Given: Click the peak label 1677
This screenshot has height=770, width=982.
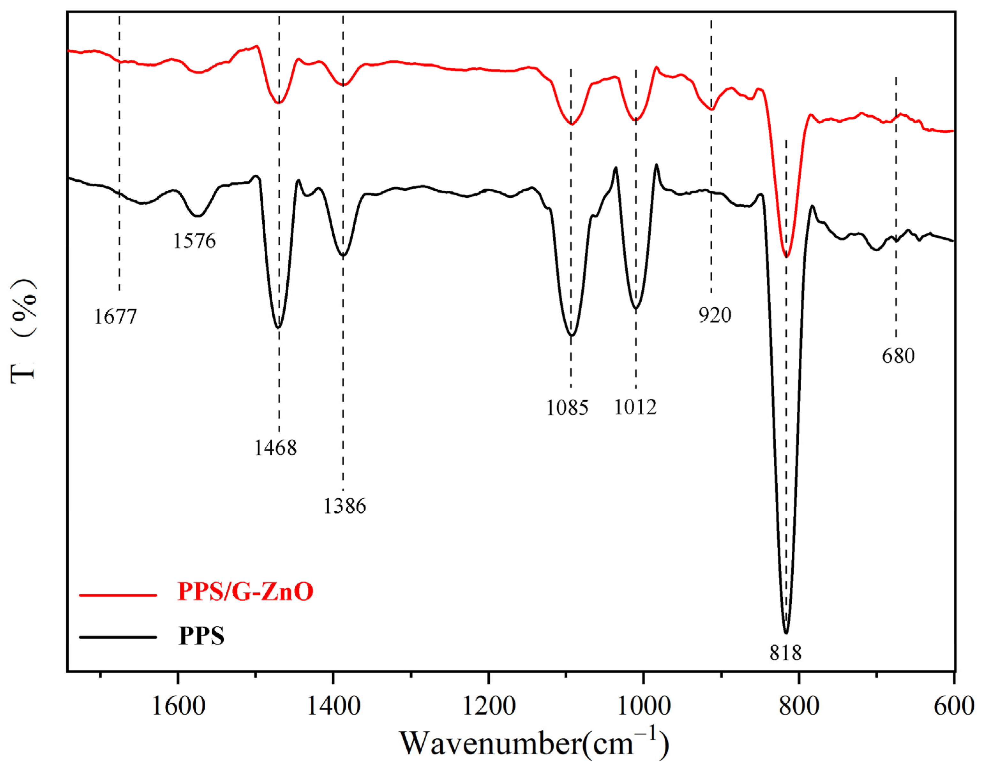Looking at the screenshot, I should pos(115,317).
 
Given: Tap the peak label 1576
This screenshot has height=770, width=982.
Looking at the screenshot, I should pos(195,241).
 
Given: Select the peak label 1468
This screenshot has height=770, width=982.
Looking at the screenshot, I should pos(276,448).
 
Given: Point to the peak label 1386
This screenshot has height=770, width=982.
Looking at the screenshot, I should pos(345,506).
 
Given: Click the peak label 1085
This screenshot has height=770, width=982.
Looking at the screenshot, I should pos(567,408).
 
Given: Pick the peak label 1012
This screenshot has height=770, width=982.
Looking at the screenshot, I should pos(635,407).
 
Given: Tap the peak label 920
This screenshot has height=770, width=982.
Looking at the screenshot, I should pos(715,315).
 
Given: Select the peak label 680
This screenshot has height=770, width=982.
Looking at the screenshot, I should pos(898,356).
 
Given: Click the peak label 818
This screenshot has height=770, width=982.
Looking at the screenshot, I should pos(786,652).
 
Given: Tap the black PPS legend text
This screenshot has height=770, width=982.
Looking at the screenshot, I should pos(201,636).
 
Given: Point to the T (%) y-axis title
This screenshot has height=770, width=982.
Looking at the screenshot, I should pos(23,332).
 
